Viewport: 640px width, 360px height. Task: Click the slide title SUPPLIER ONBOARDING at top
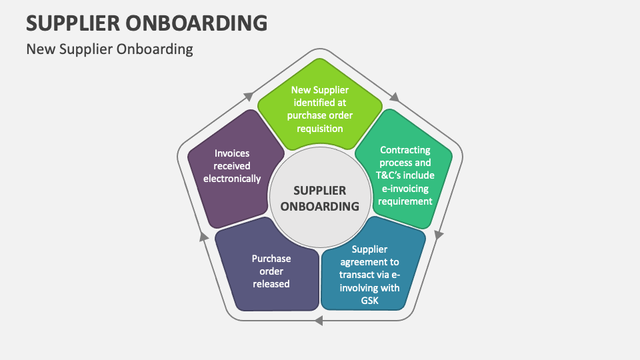tap(147, 23)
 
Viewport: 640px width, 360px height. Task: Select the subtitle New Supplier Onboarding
tap(109, 49)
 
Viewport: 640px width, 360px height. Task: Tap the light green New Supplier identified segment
tap(320, 107)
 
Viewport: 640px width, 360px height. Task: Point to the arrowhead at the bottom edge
tap(318, 321)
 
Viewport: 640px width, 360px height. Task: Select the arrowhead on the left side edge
tap(204, 235)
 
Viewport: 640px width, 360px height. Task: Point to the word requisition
tap(320, 127)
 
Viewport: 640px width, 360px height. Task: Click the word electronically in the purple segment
tap(231, 179)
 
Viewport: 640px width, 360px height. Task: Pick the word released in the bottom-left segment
tap(271, 283)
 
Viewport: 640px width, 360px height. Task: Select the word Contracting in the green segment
tap(405, 150)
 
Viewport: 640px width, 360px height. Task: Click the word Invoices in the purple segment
tap(231, 153)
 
